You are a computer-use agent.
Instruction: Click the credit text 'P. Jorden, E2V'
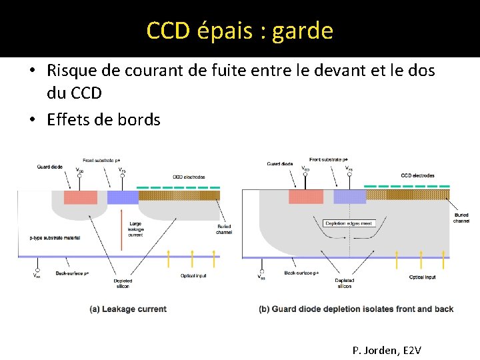[387, 350]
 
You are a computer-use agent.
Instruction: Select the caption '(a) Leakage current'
[127, 309]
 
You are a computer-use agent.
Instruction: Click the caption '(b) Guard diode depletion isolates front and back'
[356, 309]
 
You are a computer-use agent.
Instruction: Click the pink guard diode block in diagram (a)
[80, 197]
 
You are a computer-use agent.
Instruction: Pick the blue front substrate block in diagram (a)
[122, 197]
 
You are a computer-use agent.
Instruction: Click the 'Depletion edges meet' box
[349, 223]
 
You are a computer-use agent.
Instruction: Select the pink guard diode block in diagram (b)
[305, 197]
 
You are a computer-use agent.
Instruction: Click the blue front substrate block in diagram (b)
[349, 197]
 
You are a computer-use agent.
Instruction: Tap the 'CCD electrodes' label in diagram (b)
[417, 175]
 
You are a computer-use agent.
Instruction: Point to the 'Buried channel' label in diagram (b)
[461, 218]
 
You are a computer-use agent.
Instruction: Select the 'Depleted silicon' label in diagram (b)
[344, 283]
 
